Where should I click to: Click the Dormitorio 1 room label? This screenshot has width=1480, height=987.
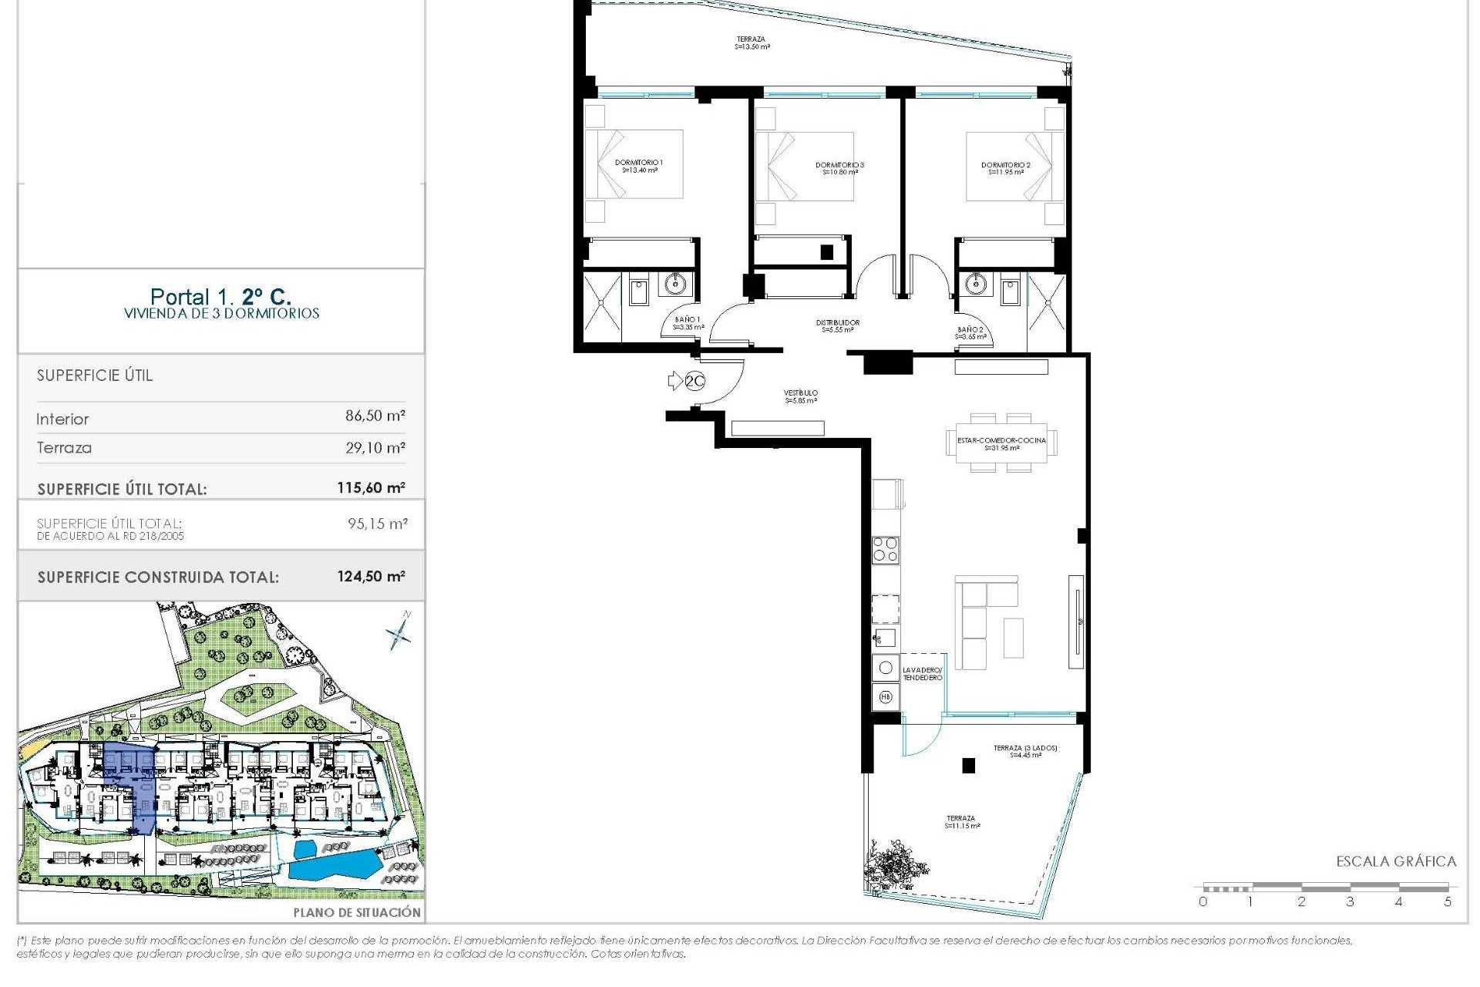[x=639, y=166]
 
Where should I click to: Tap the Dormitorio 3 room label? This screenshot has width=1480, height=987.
[x=839, y=168]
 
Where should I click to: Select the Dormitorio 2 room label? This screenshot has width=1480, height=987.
[x=1005, y=168]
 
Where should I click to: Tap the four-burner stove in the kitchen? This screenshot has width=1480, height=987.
[x=885, y=550]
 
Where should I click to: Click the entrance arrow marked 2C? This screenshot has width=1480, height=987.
[x=685, y=380]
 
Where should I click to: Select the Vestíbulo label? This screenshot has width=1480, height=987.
[x=801, y=396]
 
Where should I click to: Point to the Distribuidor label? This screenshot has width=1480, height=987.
[x=838, y=326]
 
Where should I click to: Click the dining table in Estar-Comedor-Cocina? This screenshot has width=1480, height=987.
[x=1001, y=443]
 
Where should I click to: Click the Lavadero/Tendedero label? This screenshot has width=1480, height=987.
[x=922, y=673]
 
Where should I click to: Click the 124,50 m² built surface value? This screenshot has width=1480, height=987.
[x=371, y=576]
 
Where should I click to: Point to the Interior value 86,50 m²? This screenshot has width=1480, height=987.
[x=375, y=416]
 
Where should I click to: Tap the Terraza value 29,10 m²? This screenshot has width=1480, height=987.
[x=375, y=447]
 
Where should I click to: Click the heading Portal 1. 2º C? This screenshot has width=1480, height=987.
[x=220, y=297]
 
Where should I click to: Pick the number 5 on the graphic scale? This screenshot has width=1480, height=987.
[x=1448, y=901]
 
